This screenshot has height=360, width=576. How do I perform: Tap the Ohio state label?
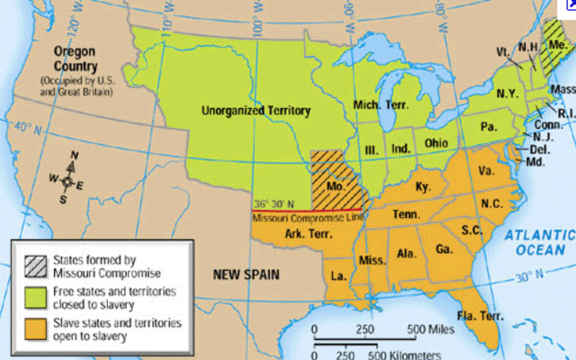point(436,143)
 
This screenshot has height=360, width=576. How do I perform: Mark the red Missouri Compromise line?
point(306,210)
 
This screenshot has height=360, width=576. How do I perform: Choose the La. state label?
point(337,273)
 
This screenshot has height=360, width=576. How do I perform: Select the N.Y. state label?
point(507,93)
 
